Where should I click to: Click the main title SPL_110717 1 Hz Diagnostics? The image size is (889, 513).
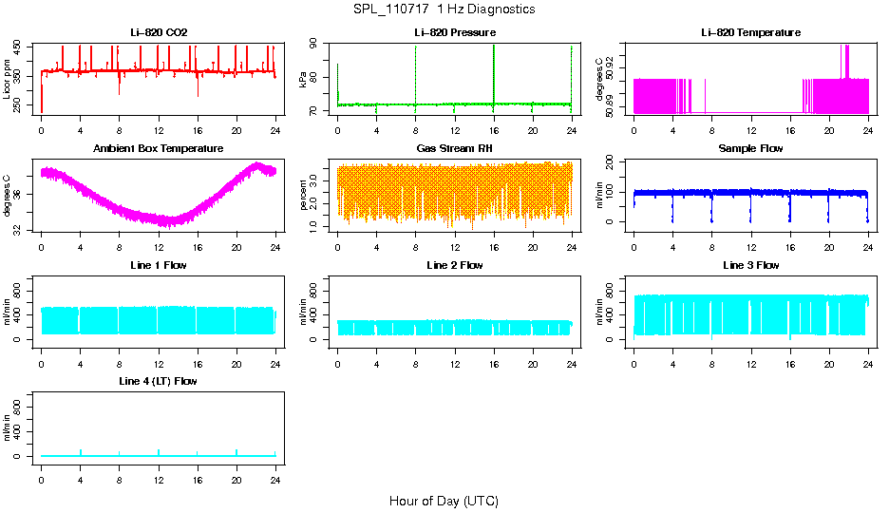444,9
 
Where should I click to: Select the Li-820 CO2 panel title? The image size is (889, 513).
159,32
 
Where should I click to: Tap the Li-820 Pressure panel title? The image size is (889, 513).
454,32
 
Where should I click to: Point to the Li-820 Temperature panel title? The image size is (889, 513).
750,32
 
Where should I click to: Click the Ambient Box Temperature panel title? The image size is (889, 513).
159,148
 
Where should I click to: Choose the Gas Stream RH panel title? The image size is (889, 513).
454,148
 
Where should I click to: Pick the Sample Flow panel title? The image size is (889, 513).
750,148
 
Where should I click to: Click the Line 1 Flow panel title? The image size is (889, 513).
159,265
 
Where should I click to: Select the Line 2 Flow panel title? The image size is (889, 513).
454,265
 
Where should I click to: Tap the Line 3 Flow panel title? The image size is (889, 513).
750,265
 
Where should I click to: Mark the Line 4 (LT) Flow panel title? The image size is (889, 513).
159,381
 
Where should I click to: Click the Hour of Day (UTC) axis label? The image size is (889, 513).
444,501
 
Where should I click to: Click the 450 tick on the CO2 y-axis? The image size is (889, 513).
20,48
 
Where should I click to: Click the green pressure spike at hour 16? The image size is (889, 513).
494,71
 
